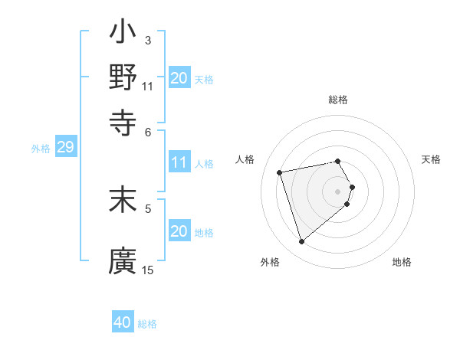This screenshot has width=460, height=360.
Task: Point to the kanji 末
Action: [123, 199]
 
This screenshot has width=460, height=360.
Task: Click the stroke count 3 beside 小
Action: [147, 40]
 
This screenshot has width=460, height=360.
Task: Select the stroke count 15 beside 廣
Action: [148, 270]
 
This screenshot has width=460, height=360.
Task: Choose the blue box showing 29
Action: [65, 148]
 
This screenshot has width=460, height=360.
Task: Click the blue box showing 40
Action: [123, 323]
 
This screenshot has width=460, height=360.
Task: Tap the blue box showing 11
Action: [179, 162]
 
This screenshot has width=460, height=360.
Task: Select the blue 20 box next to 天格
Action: [179, 78]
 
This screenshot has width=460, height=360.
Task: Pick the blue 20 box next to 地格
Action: [179, 231]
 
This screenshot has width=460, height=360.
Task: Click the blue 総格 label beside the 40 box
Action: [147, 324]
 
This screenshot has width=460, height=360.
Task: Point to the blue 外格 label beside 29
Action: [40, 149]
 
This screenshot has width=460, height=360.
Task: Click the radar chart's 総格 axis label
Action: [337, 100]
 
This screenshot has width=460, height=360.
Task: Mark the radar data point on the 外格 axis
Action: [301, 242]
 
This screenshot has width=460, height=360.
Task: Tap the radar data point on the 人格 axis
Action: [280, 172]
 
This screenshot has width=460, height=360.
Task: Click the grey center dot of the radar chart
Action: [337, 191]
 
